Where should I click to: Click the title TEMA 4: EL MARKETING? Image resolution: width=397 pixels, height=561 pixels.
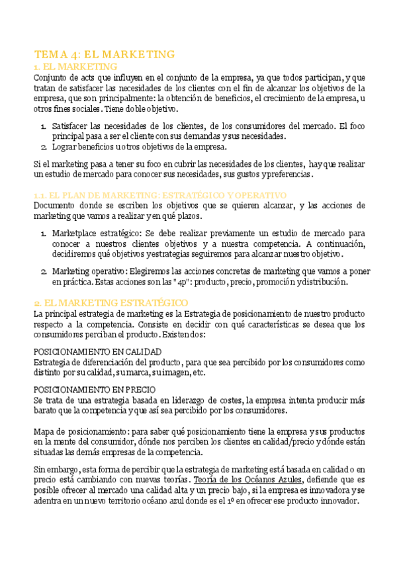(x=104, y=54)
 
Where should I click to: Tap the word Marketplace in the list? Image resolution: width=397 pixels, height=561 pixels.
(x=75, y=234)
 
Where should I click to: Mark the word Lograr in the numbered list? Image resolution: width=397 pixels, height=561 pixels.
(x=64, y=147)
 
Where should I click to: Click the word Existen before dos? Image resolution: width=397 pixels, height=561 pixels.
(x=178, y=335)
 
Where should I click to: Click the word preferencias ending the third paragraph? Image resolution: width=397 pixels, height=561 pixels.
(x=286, y=174)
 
